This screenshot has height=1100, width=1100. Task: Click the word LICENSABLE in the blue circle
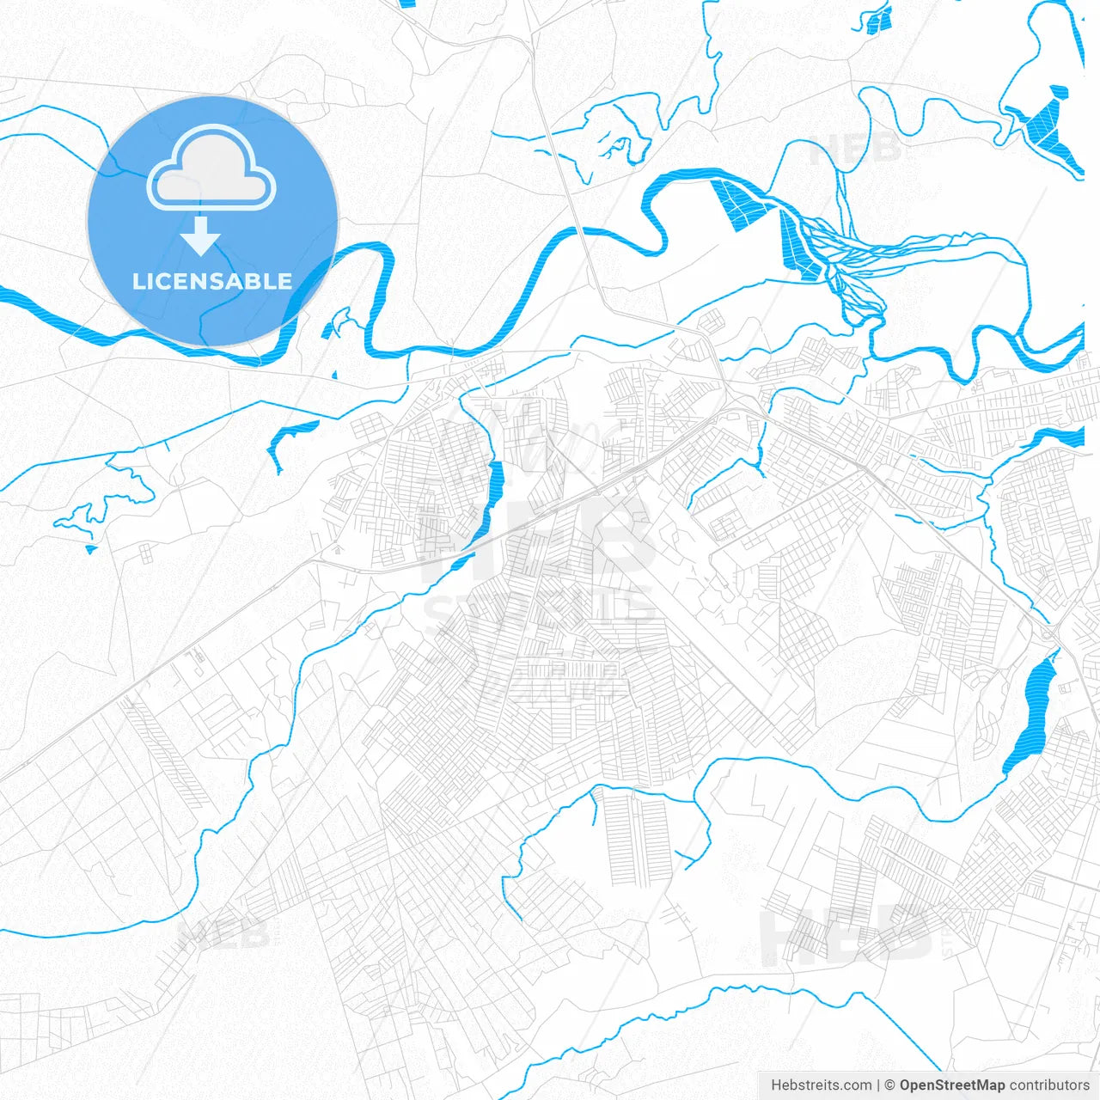pyautogui.click(x=212, y=281)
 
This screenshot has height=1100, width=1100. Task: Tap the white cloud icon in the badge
pyautogui.click(x=211, y=168)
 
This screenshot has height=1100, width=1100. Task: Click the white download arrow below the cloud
pyautogui.click(x=201, y=236)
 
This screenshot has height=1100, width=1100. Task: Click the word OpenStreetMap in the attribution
pyautogui.click(x=952, y=1085)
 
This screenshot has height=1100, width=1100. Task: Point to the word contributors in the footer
pyautogui.click(x=1049, y=1085)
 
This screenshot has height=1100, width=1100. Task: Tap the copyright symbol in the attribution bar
pyautogui.click(x=890, y=1085)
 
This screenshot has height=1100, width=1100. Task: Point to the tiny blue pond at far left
pyautogui.click(x=91, y=548)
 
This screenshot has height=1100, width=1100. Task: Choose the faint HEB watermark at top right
pyautogui.click(x=856, y=148)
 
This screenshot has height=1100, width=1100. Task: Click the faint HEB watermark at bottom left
pyautogui.click(x=223, y=933)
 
